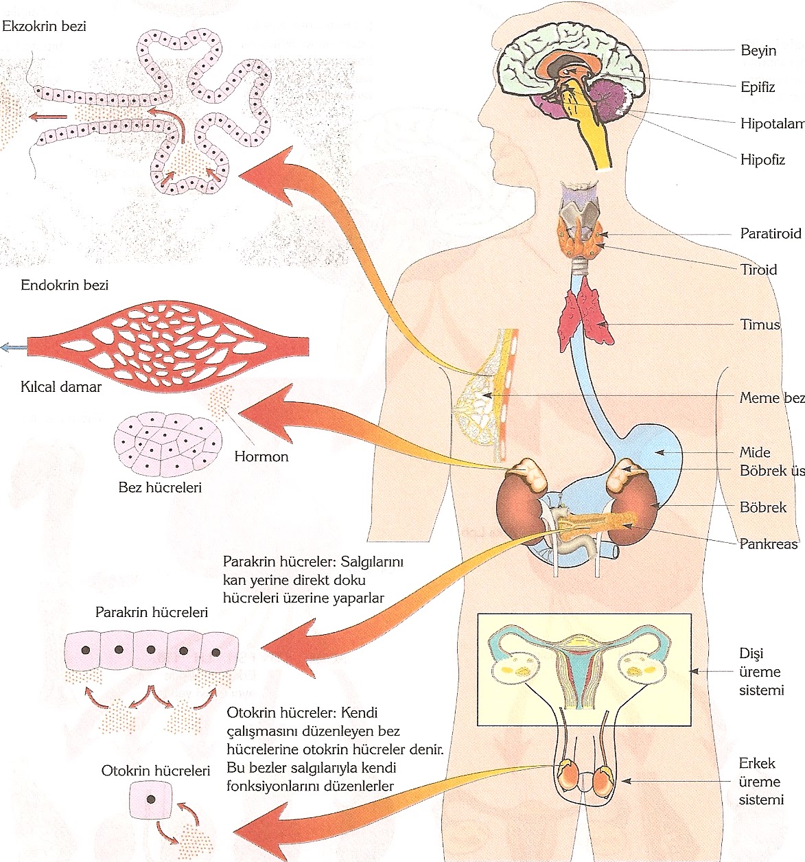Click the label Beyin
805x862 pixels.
click(x=758, y=51)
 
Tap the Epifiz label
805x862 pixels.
click(x=758, y=87)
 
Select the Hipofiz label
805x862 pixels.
click(x=762, y=160)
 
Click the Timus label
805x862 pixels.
click(x=760, y=325)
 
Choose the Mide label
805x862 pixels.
click(x=755, y=452)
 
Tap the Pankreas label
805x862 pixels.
click(x=769, y=544)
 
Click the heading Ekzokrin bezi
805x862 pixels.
click(x=45, y=27)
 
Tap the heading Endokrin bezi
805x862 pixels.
click(x=65, y=285)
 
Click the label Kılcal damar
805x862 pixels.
click(x=61, y=387)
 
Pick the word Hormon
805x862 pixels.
click(x=261, y=456)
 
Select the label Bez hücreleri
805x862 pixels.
click(x=160, y=489)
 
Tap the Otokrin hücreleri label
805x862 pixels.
click(x=155, y=771)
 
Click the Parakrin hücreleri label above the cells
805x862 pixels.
click(x=152, y=612)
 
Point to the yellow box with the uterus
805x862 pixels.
click(x=583, y=669)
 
